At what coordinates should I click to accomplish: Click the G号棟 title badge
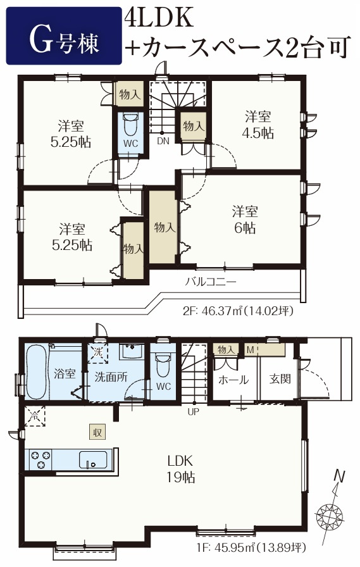pos(64,36)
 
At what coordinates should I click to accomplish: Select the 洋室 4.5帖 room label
pos(258,125)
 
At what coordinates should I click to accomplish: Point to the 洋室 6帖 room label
pos(245,220)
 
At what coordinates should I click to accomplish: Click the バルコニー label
pos(211,282)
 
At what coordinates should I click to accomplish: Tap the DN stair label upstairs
pos(163,141)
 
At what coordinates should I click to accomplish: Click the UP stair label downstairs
pos(194,411)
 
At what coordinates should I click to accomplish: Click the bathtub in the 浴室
pos(37,371)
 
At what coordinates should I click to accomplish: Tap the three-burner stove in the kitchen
pos(40,459)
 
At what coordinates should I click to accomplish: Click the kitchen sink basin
pos(93,459)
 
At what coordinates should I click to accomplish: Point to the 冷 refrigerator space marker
pos(35,416)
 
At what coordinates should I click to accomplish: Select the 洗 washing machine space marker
pos(98,352)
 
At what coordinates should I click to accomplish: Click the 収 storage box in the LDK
pos(97,432)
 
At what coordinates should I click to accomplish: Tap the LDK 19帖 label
pos(180,469)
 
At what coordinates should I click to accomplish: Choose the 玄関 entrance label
pos(280,379)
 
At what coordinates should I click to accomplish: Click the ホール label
pos(233,380)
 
